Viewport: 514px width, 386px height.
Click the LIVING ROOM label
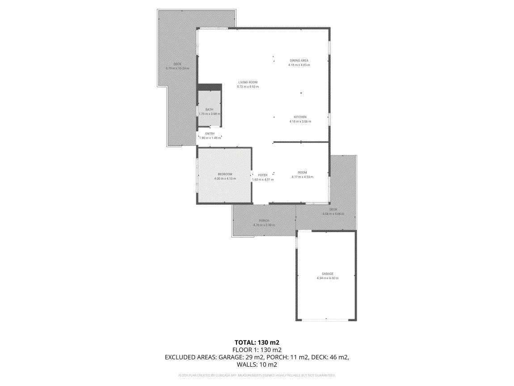pyautogui.click(x=248, y=82)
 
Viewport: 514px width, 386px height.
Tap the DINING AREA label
pyautogui.click(x=299, y=60)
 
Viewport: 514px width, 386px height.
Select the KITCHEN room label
pyautogui.click(x=300, y=117)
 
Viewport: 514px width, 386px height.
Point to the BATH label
pyautogui.click(x=209, y=110)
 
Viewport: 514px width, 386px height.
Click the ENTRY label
pyautogui.click(x=210, y=134)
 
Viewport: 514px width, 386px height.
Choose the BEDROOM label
pyautogui.click(x=225, y=174)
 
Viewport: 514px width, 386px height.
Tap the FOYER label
pyautogui.click(x=263, y=175)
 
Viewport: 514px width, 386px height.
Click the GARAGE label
pyautogui.click(x=328, y=274)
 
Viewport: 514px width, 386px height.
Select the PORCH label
pyautogui.click(x=264, y=221)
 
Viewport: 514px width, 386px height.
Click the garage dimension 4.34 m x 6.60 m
pyautogui.click(x=328, y=278)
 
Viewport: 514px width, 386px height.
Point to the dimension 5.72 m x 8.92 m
pyautogui.click(x=248, y=87)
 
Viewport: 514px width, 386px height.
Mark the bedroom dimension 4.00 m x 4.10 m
pyautogui.click(x=225, y=178)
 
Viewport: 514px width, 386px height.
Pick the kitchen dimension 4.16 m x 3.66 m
pyautogui.click(x=300, y=122)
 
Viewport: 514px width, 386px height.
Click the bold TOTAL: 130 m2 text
pyautogui.click(x=257, y=342)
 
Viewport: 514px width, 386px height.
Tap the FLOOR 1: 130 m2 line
pyautogui.click(x=257, y=350)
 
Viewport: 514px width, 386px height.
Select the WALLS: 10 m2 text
pyautogui.click(x=257, y=365)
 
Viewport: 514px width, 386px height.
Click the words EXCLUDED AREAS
pyautogui.click(x=190, y=357)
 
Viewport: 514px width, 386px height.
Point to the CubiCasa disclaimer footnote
pyautogui.click(x=257, y=376)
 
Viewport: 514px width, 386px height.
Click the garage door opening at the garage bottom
pyautogui.click(x=326, y=319)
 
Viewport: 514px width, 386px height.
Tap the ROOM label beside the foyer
pyautogui.click(x=303, y=172)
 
